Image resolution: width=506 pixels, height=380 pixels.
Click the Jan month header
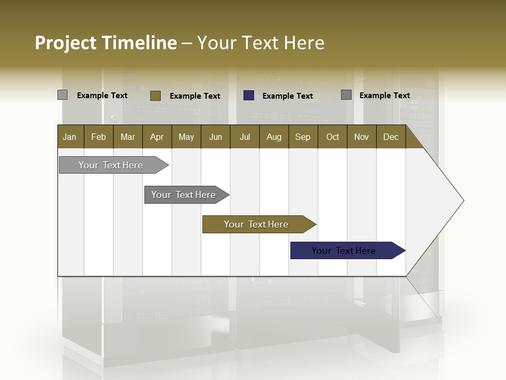70,137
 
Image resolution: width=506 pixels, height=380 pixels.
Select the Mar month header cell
128,137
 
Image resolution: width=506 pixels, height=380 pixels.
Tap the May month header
186,137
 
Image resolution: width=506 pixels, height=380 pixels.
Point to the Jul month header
245,137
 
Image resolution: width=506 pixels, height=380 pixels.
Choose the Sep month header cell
303,137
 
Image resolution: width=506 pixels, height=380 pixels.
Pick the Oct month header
333,137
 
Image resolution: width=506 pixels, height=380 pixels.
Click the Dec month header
391,137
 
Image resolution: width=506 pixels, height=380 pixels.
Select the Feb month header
99,137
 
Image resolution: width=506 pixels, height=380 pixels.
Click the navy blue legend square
249,96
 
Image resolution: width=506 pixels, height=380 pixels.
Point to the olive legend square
155,96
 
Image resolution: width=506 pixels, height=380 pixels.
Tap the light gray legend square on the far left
62,95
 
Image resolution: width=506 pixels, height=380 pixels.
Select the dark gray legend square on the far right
346,95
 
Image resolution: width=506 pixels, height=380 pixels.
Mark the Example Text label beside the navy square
288,96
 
